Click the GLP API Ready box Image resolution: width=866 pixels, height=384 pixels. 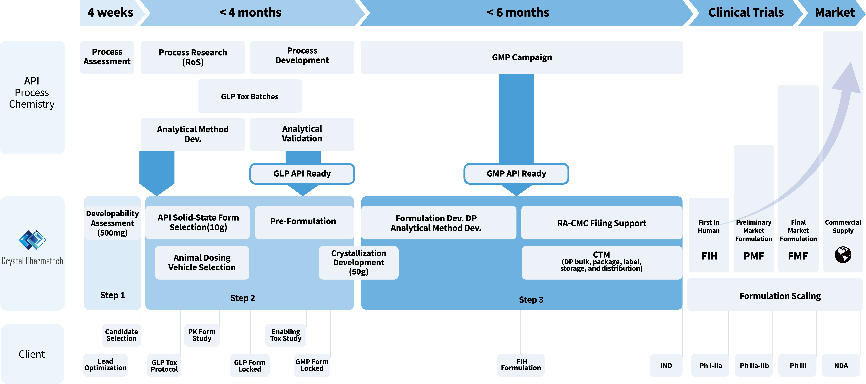(302, 174)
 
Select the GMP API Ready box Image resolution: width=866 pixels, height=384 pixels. (516, 174)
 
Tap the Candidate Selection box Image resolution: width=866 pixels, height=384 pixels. (121, 335)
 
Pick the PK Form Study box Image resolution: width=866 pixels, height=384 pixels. (202, 335)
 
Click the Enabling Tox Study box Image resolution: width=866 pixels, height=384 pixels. (286, 335)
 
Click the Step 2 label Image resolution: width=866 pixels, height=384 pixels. (242, 298)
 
